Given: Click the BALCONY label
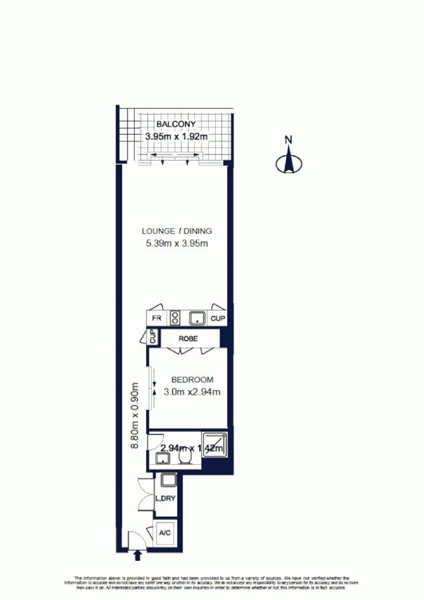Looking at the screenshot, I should [x=175, y=125].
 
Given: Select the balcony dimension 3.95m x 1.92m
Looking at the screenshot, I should [x=177, y=137].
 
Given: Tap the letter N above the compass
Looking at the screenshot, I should [x=288, y=140].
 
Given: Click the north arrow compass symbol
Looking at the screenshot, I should [x=288, y=162].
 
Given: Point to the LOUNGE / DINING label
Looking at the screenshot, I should [x=177, y=231].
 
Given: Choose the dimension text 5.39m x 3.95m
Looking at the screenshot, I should [x=177, y=243].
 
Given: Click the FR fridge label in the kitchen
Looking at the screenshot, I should [x=157, y=319].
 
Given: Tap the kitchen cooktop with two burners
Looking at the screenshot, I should [x=176, y=318].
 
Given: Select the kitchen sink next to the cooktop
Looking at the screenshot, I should [x=197, y=318].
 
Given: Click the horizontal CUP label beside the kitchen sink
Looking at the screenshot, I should [x=217, y=319].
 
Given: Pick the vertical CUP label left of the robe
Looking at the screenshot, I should [x=153, y=338].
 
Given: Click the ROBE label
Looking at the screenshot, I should [x=189, y=339].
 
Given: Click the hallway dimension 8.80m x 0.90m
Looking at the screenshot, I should [x=135, y=415].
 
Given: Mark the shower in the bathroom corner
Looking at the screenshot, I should [x=219, y=445].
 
